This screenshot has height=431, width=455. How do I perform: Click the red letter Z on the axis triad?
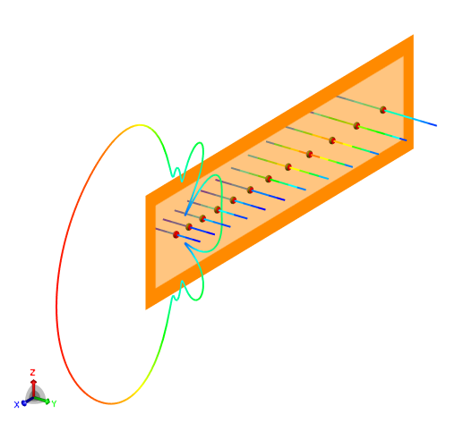[32, 372]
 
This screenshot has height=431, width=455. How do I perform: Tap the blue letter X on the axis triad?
[16, 404]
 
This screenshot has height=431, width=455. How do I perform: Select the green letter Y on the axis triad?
[54, 404]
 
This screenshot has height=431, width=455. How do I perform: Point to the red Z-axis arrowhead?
[33, 382]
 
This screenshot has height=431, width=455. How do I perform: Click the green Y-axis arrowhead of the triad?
[47, 401]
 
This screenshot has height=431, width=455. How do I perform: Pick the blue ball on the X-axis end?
[24, 403]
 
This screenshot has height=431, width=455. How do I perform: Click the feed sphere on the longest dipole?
[382, 110]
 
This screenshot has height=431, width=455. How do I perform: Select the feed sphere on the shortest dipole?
[176, 234]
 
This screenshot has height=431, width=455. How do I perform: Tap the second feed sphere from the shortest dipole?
[189, 227]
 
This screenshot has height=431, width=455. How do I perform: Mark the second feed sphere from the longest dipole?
[356, 125]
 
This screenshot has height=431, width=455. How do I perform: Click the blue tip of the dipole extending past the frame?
[436, 125]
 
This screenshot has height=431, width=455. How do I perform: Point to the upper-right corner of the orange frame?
[413, 35]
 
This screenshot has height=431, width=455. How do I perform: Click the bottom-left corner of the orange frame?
[146, 309]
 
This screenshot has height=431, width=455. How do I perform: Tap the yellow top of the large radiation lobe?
[140, 125]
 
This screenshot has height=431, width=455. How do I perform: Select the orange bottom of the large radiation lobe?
[110, 403]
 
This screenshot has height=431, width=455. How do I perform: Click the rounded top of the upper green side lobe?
[200, 143]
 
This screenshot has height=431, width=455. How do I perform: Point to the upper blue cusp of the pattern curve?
[185, 215]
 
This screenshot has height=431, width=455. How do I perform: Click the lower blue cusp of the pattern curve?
[185, 243]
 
